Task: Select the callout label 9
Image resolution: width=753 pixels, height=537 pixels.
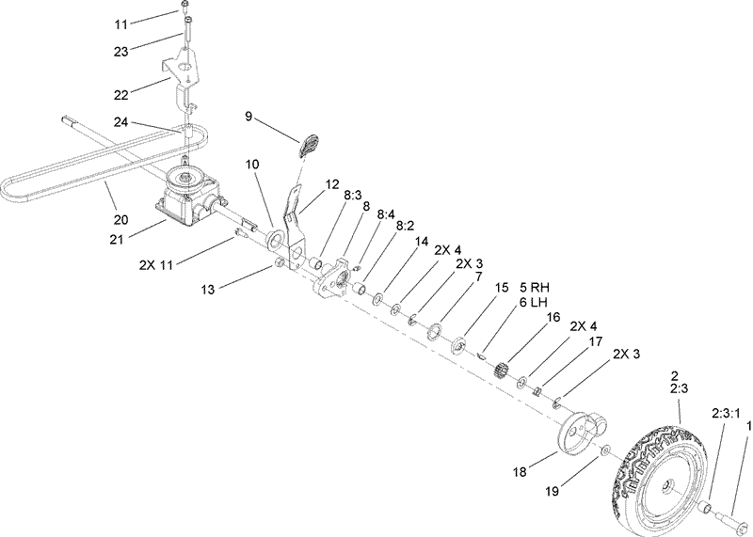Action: (248, 117)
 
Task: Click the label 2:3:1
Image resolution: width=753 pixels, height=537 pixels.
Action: (725, 413)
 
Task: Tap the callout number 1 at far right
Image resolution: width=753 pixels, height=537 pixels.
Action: (748, 426)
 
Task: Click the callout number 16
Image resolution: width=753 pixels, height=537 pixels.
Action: (553, 318)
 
